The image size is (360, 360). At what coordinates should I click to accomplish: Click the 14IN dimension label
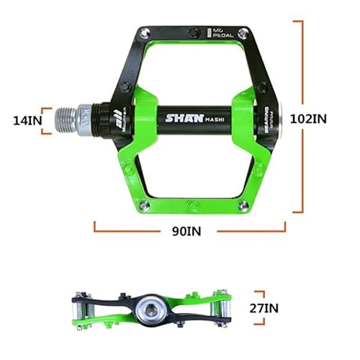pos(27,120)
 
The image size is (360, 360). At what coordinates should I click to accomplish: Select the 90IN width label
pos(187,232)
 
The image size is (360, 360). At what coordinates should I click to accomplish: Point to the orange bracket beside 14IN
pos(48,120)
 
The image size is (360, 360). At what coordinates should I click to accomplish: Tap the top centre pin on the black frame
pos(194,32)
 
